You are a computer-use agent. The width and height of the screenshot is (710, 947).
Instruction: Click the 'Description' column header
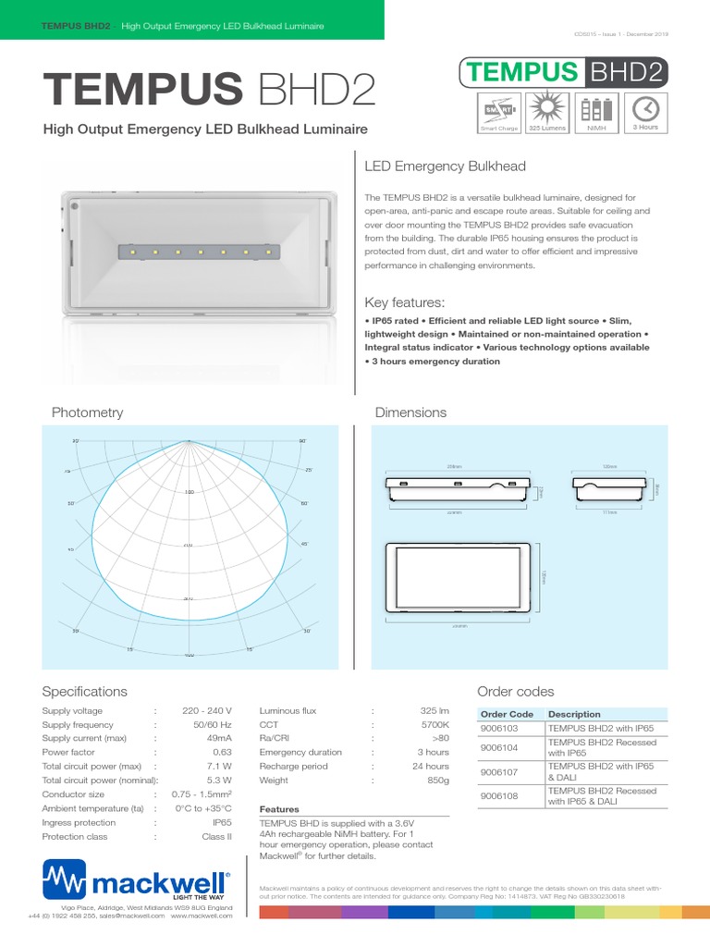point(574,714)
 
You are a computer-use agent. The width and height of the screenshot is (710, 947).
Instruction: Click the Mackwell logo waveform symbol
point(64,876)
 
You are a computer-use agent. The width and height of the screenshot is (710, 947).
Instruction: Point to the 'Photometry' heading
point(87,412)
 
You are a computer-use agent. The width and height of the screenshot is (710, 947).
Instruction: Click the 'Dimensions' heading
point(410,412)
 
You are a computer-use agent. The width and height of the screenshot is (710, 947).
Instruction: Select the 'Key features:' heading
point(405,302)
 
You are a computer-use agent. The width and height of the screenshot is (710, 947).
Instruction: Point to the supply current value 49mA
point(218,738)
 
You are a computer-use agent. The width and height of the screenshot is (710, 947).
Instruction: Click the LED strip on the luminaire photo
point(198,251)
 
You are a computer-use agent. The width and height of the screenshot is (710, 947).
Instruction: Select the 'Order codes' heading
point(515,692)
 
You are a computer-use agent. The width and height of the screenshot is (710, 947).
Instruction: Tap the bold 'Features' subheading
point(279,809)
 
